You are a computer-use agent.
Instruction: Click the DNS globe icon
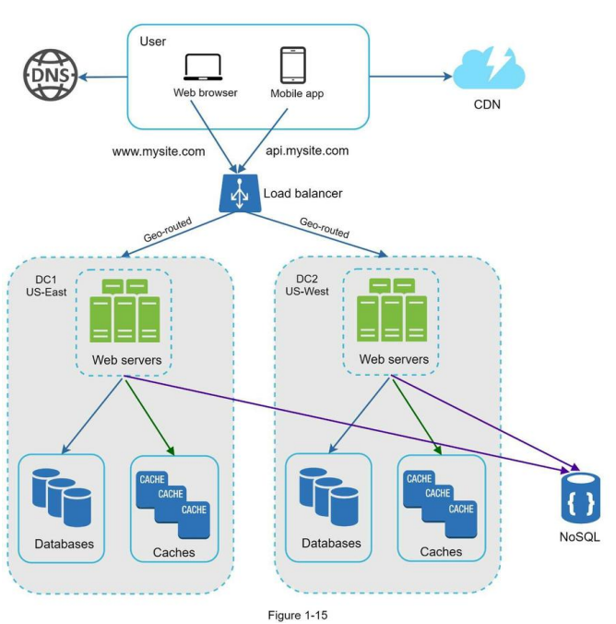(50, 75)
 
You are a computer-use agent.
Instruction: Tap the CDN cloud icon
(489, 68)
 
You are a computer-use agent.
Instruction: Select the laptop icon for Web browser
(203, 67)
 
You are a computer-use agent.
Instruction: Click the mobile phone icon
(293, 65)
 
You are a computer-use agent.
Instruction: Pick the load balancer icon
(240, 193)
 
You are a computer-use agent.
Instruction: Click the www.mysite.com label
(159, 151)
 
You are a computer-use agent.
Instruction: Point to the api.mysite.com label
(307, 150)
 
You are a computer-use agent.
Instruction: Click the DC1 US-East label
(46, 286)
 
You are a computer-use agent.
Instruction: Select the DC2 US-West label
(307, 285)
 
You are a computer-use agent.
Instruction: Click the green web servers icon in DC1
(124, 310)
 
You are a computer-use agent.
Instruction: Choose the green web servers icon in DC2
(392, 309)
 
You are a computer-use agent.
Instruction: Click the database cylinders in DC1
(62, 498)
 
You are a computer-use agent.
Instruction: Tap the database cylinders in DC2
(329, 497)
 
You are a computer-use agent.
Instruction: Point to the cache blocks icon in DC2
(440, 504)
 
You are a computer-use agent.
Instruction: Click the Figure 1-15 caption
(298, 616)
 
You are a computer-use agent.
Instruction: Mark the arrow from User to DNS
(103, 77)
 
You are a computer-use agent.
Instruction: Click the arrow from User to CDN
(411, 76)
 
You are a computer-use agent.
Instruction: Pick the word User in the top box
(153, 42)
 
